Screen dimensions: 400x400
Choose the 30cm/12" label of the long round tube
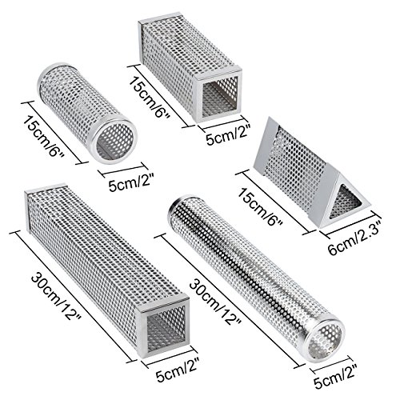pos(215,302)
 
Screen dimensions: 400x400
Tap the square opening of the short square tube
pos(219,97)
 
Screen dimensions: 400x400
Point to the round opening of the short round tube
pos(114,142)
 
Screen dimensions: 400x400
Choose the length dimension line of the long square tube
pos(74,296)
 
